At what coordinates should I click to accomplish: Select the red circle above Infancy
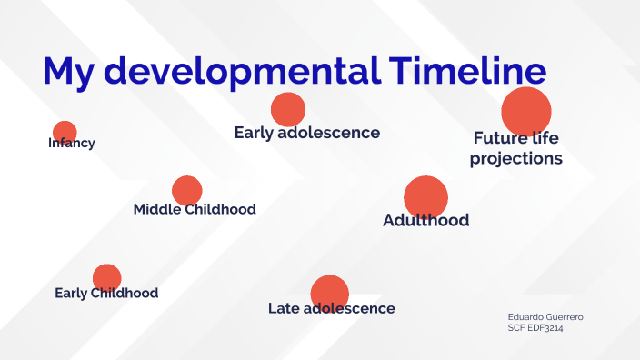[x=65, y=132]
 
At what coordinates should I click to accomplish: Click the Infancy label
[x=72, y=144]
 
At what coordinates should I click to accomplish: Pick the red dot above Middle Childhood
[x=187, y=190]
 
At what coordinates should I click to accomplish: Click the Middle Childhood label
[x=195, y=209]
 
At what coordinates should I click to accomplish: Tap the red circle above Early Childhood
[x=107, y=277]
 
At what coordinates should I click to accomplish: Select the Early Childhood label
[x=106, y=293]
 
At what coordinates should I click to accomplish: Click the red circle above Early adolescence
[x=288, y=109]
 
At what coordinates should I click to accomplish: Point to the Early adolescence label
[x=306, y=133]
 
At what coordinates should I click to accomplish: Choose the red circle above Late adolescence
[x=330, y=293]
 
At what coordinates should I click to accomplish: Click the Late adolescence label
[x=332, y=308]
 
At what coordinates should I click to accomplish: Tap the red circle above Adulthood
[x=425, y=197]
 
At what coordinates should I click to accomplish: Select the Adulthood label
[x=426, y=220]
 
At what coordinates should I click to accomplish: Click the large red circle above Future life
[x=526, y=110]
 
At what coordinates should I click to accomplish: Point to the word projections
[x=515, y=158]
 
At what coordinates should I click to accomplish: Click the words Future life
[x=515, y=138]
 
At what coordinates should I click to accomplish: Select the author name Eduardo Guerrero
[x=545, y=316]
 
